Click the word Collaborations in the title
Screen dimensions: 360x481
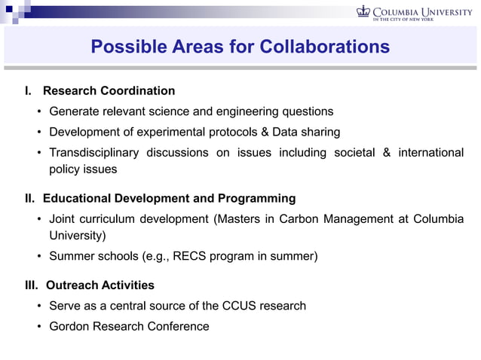pos(324,47)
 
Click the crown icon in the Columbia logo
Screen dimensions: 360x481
pos(363,11)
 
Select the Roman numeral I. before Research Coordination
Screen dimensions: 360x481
pos(28,91)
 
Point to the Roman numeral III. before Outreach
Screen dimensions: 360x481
pos(32,285)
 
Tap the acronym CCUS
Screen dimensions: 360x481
pos(240,306)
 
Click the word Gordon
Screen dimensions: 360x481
pos(72,326)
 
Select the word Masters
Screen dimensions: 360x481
pos(239,219)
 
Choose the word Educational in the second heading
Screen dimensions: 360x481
pos(78,199)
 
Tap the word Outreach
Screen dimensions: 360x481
pos(72,285)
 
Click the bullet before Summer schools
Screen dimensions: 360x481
pos(38,256)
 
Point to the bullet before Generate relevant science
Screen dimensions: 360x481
pos(38,111)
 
